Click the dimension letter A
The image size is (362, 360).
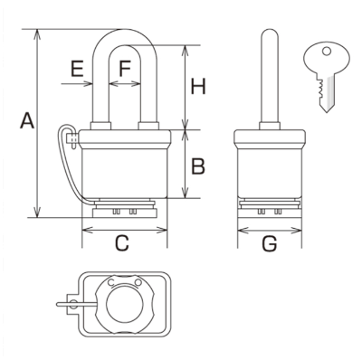click(x=27, y=120)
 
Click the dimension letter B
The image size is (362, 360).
click(x=198, y=166)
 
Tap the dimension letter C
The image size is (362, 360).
click(x=122, y=243)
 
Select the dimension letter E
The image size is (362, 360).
click(x=77, y=69)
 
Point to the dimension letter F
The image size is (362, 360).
click(x=125, y=69)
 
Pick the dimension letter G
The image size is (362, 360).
click(x=270, y=243)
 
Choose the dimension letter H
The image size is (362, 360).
click(x=198, y=86)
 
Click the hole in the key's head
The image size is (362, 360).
click(x=327, y=52)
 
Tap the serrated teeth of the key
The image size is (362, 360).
click(x=319, y=90)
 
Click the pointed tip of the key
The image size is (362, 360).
click(x=326, y=112)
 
